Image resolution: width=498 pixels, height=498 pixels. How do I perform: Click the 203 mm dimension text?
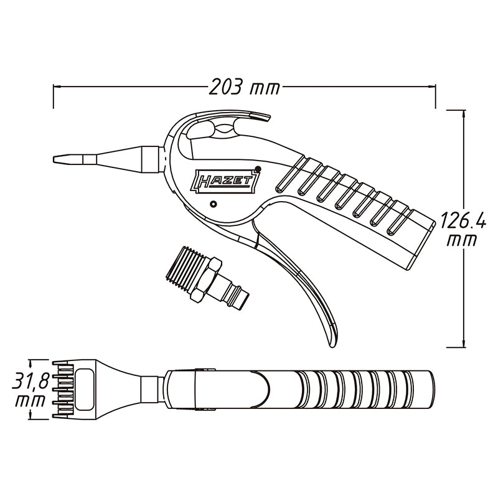(x=244, y=87)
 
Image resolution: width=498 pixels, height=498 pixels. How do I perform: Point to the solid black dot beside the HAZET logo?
(x=258, y=169)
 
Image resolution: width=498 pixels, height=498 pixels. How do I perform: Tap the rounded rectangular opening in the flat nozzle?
(x=84, y=390)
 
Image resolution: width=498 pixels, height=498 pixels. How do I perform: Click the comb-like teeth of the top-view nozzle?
(x=63, y=390)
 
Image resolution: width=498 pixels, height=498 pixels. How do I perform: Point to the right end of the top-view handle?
(x=433, y=390)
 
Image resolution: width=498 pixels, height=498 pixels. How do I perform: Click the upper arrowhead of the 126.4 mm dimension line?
(x=464, y=114)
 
